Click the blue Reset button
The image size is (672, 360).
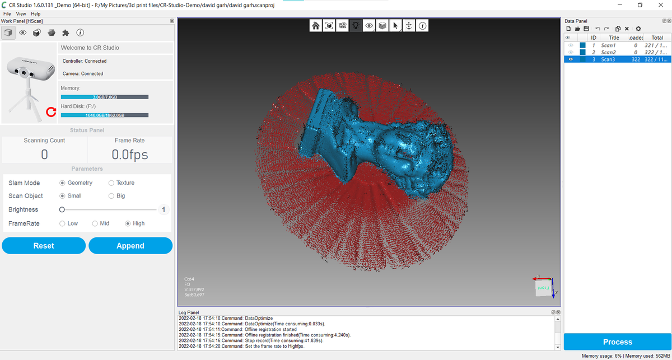coord(44,246)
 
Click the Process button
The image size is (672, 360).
coord(617,342)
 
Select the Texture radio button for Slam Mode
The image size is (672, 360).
coord(111,183)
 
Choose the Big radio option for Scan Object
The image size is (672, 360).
coord(111,196)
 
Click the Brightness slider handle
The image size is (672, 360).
coord(62,209)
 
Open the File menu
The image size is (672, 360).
coord(7,13)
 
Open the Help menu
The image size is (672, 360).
coord(35,13)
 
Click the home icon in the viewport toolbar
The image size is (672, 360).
coord(316,26)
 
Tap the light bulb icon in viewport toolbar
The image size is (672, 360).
coord(356,26)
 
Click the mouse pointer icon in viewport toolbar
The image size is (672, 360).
coord(395,26)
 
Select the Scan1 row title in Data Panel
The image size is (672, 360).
coord(608,45)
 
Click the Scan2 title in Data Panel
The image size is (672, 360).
coord(608,52)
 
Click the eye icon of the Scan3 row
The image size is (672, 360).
coord(571,59)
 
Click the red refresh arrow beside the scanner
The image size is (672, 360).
coord(51,112)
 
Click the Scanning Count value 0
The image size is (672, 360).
coord(44,155)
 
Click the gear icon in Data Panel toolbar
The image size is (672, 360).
coord(638,29)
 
